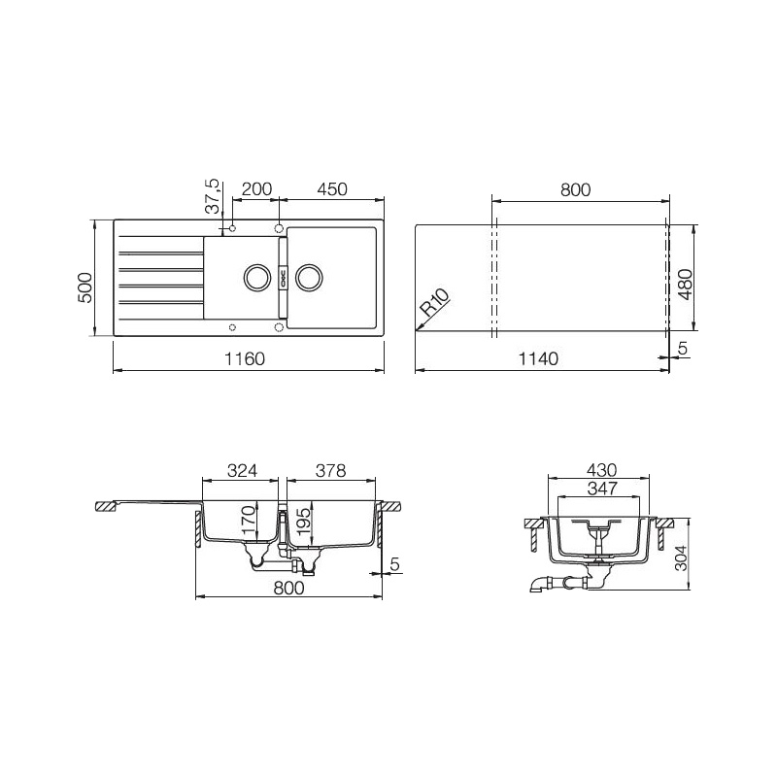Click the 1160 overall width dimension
(x=245, y=358)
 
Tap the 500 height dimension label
(x=85, y=287)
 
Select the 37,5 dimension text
(x=212, y=196)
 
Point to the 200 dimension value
(x=256, y=188)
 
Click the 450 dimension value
(x=331, y=188)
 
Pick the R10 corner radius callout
(x=435, y=303)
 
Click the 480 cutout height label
(x=686, y=285)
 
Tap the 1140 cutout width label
(x=538, y=358)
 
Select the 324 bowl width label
(x=242, y=470)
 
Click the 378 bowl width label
(x=330, y=470)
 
